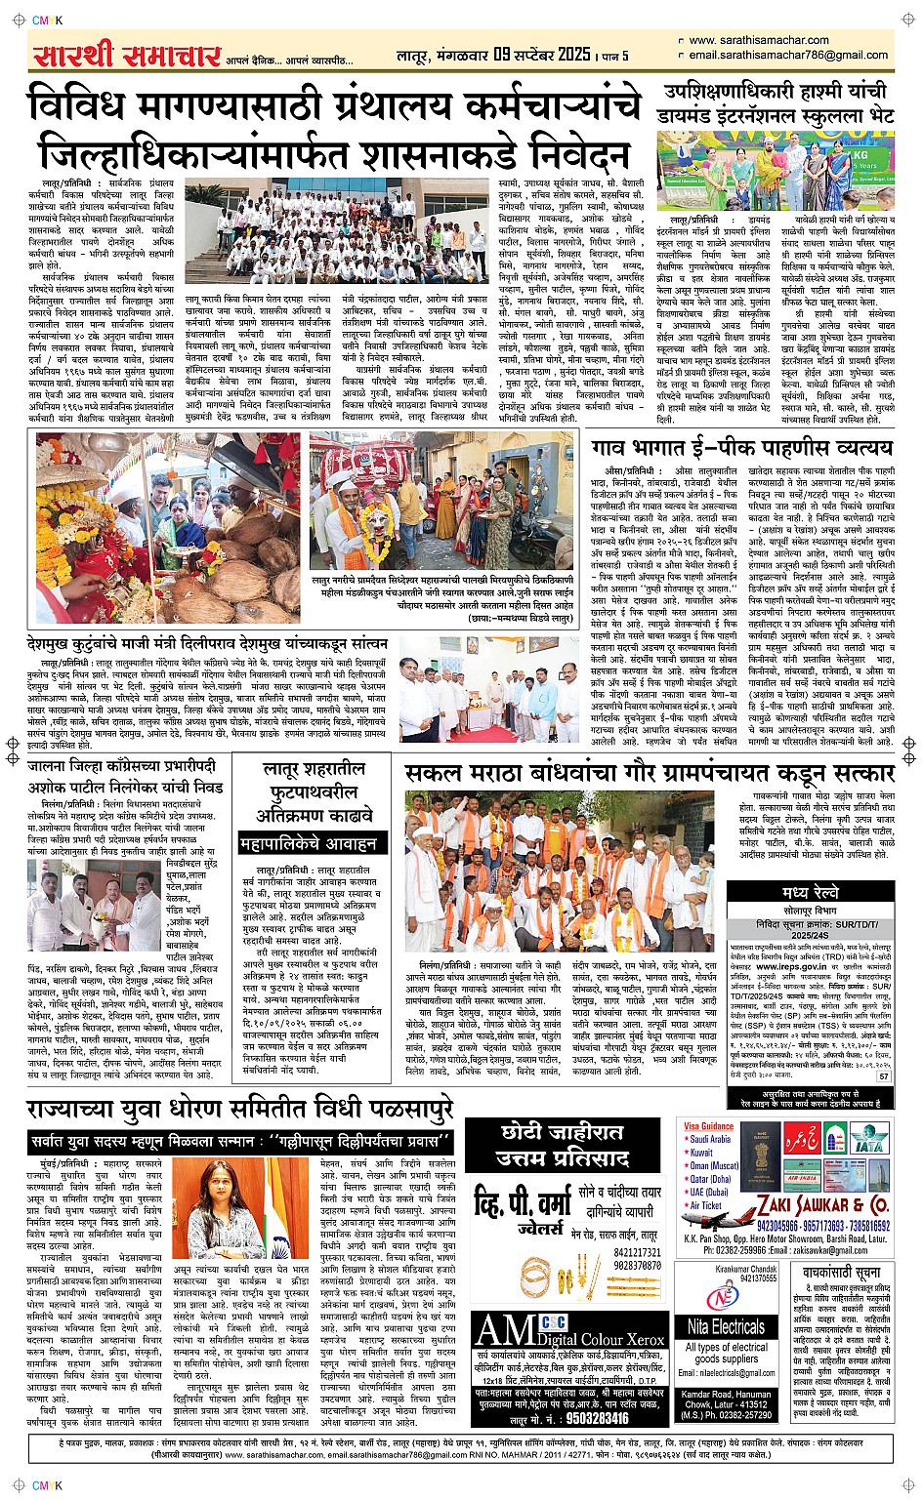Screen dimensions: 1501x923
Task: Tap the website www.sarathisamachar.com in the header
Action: pos(758,40)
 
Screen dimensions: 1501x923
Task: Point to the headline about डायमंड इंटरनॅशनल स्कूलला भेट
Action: pos(777,103)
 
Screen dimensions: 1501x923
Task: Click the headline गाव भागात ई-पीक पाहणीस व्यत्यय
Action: pos(755,447)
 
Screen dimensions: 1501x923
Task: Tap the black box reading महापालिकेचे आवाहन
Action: pos(309,842)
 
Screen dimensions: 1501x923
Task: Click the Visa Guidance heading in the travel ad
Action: pos(708,1125)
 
